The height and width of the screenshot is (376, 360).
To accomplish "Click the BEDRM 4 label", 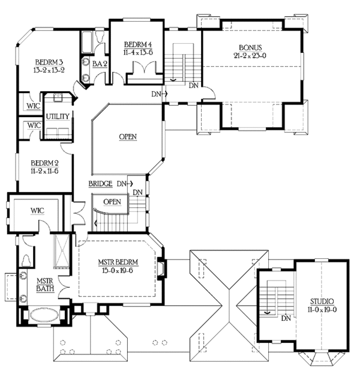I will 137,44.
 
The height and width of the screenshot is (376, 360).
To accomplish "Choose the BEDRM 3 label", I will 50,62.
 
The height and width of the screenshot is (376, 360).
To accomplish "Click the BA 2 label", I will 100,63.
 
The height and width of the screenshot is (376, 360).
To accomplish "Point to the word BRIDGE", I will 100,183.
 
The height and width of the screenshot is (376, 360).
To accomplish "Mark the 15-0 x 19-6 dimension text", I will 118,271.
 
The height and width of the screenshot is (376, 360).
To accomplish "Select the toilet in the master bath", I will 26,259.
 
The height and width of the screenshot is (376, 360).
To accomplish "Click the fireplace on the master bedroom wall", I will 160,265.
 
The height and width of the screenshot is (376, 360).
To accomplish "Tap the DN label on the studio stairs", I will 286,318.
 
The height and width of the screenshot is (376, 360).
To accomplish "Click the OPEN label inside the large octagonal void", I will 127,137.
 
